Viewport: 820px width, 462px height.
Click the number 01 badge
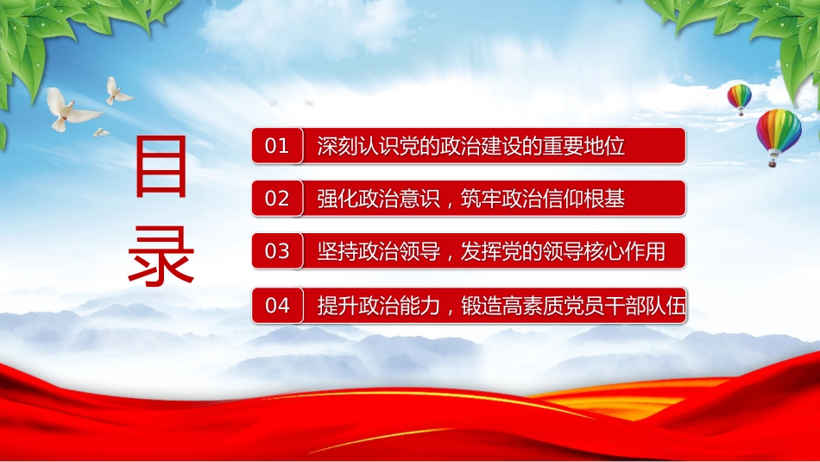tap(277, 145)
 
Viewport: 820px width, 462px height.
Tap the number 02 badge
tap(277, 199)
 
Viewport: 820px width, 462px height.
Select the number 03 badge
tap(277, 251)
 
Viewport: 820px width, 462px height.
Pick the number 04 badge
tap(277, 305)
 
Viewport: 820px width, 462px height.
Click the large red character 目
tap(161, 167)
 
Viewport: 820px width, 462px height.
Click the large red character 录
tap(161, 256)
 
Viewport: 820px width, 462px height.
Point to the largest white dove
tap(73, 110)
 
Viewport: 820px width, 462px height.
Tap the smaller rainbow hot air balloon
tap(740, 99)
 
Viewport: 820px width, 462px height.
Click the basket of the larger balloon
tap(773, 164)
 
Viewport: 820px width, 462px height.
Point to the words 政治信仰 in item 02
tap(543, 199)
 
